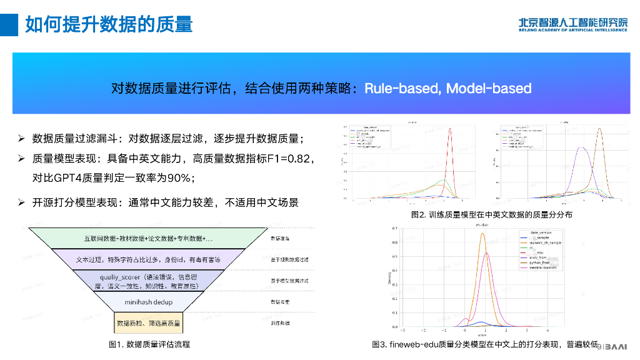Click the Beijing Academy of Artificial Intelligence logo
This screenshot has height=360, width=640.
point(572,23)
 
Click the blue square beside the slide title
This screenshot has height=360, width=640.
point(9,24)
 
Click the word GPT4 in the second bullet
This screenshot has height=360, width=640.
point(68,178)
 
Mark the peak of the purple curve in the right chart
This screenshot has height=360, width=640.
point(581,148)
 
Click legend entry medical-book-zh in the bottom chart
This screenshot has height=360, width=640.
point(543,267)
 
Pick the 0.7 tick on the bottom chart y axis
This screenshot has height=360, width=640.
point(395,229)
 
